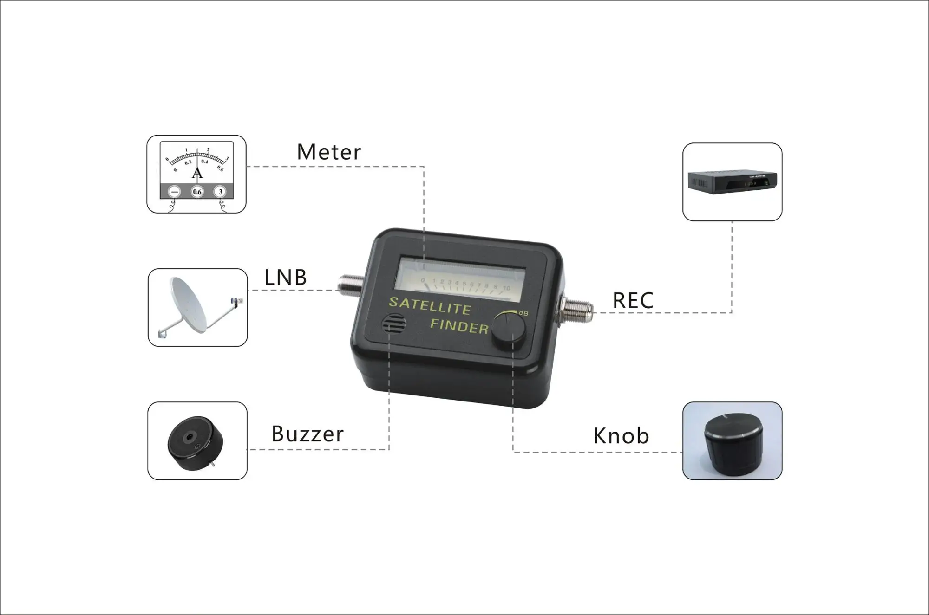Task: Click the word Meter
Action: pos(328,152)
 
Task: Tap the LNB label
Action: pos(285,278)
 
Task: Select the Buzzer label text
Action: pos(307,434)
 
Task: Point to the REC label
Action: pos(633,301)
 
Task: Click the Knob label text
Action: pos(621,436)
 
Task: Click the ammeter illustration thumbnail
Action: pos(196,174)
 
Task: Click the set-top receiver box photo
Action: pos(732,181)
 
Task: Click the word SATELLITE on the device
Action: pos(430,306)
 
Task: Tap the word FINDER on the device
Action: pos(459,326)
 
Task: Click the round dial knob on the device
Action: pos(509,329)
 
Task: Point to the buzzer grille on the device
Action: pos(394,324)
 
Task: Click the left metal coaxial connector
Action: pos(350,285)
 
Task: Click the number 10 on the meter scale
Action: pos(506,288)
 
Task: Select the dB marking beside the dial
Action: pos(523,313)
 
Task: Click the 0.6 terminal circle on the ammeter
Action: pos(197,192)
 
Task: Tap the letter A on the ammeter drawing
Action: pos(197,174)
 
